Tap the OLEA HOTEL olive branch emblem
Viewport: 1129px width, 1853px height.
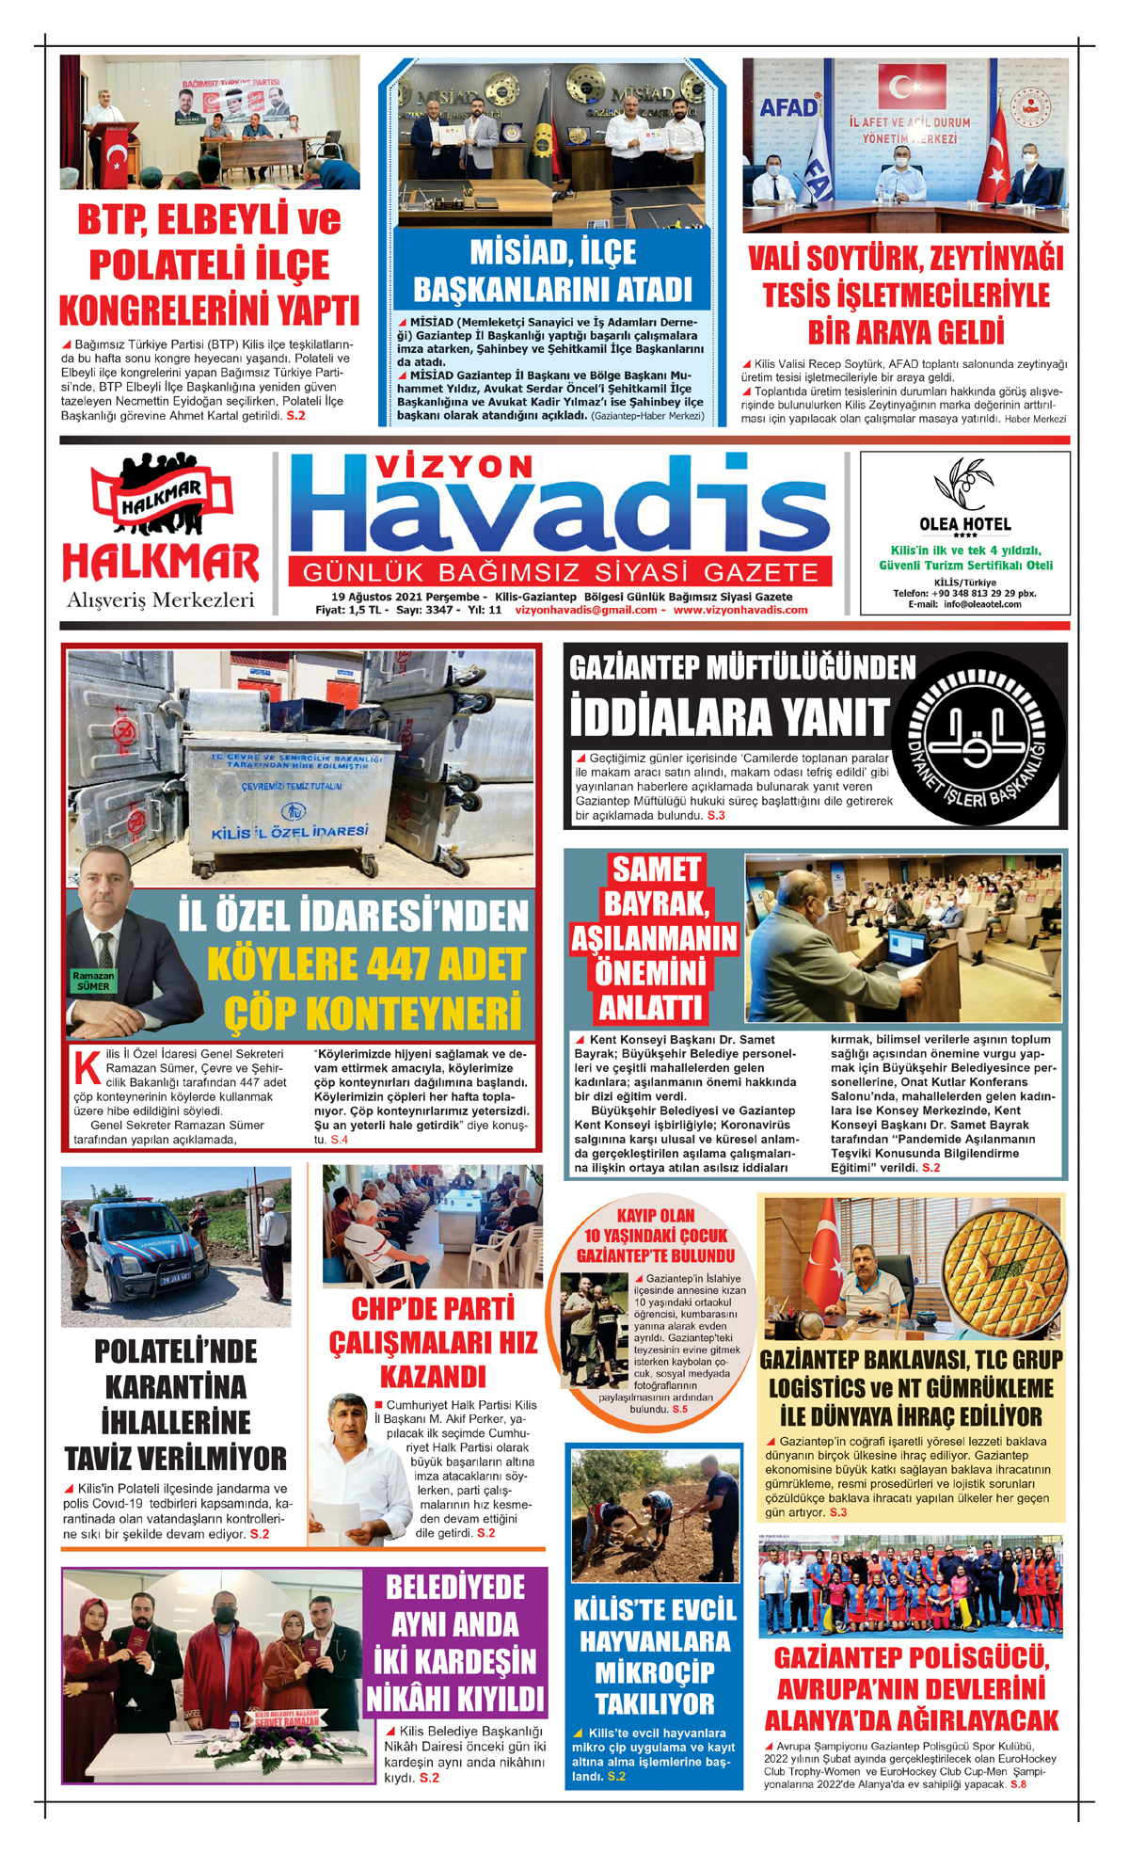pos(962,484)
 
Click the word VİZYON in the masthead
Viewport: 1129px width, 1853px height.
pos(454,467)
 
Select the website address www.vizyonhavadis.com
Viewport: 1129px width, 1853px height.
pos(740,610)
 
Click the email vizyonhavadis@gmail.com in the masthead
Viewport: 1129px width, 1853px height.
pos(586,610)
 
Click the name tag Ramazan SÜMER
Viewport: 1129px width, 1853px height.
pos(93,982)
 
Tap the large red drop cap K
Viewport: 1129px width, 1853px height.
pos(87,1068)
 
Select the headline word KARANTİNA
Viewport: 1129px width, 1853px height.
pos(176,1387)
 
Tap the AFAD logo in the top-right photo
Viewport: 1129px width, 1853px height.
pos(788,107)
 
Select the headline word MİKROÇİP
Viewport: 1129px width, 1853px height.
pos(655,1672)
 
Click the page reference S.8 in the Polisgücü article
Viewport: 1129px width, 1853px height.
pos(1018,1784)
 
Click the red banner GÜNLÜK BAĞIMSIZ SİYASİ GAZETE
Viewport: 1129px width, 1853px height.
pos(561,572)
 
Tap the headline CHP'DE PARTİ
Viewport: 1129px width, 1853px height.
pos(433,1309)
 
